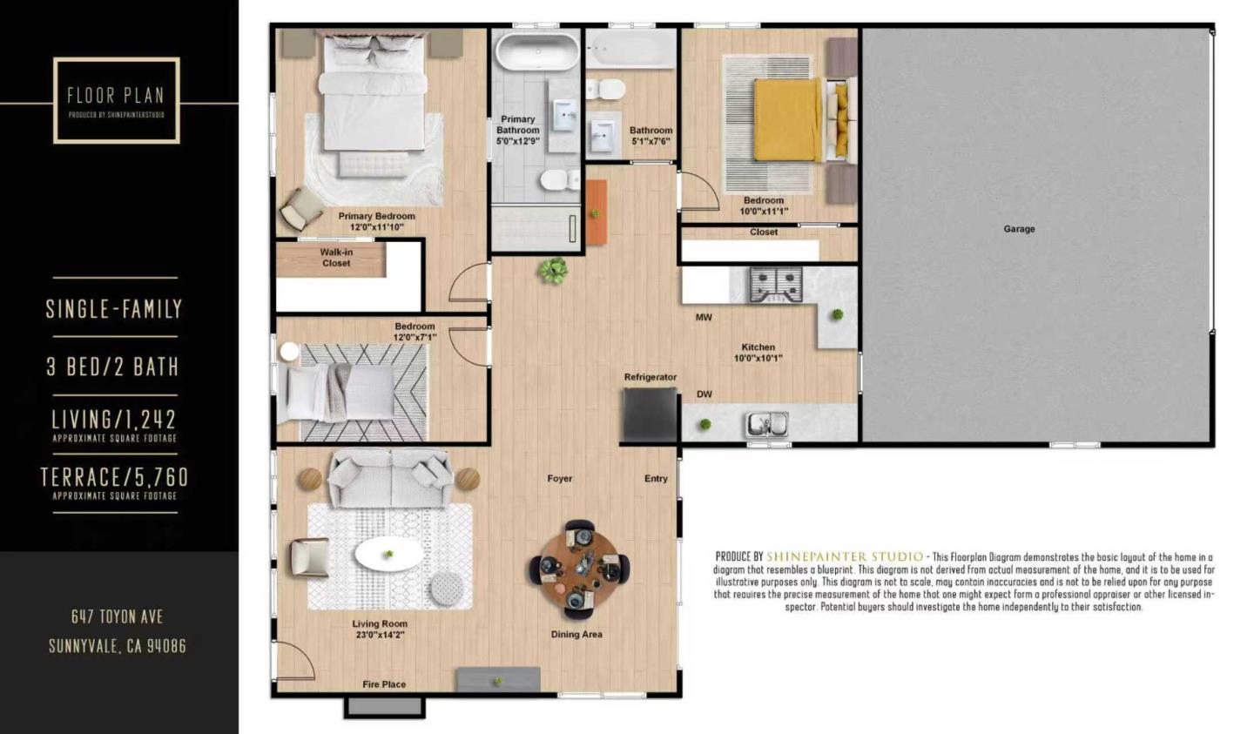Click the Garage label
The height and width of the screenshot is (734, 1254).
[x=1019, y=229]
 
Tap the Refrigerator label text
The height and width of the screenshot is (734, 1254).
[x=650, y=377]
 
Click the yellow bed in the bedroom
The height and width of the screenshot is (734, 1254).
[x=787, y=120]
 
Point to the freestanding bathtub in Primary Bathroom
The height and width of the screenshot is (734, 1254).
[x=537, y=51]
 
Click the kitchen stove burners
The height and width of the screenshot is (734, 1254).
[x=775, y=284]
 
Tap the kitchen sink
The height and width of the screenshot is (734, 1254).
[x=766, y=424]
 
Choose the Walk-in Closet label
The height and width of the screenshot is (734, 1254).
[x=336, y=258]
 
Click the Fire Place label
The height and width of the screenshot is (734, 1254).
[x=384, y=684]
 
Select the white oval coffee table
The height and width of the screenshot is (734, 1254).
[x=389, y=554]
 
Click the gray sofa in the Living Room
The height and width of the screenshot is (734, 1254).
[x=390, y=480]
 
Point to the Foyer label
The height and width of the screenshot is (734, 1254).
[x=560, y=479]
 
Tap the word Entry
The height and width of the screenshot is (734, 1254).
[x=656, y=479]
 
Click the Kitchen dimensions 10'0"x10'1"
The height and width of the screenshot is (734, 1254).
[x=758, y=358]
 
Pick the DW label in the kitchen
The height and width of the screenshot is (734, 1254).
[x=704, y=394]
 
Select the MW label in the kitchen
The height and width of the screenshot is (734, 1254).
[x=704, y=318]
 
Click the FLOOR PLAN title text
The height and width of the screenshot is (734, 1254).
[x=116, y=95]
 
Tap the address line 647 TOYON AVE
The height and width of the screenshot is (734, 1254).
[x=117, y=616]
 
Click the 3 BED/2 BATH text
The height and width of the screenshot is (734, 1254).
[x=113, y=367]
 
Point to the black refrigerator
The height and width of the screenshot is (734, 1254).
[x=650, y=415]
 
